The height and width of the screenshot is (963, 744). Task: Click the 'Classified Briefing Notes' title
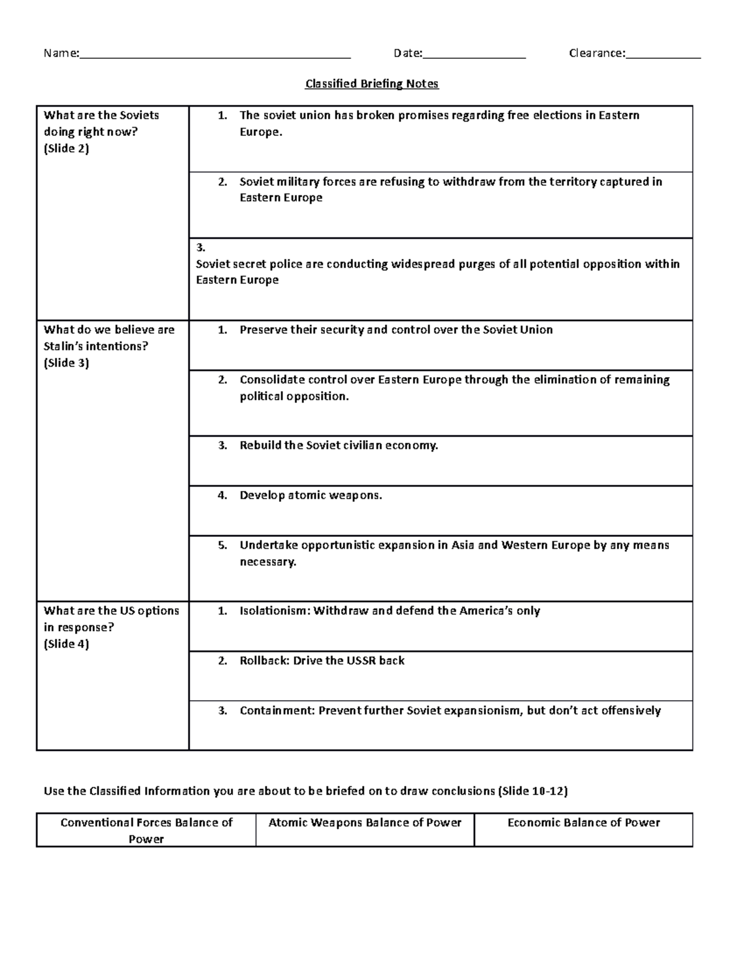371,84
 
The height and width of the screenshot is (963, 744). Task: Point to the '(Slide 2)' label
66,148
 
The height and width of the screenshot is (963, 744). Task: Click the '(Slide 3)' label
66,363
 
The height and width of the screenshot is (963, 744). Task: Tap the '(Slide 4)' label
66,644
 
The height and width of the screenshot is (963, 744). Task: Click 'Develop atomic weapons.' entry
311,495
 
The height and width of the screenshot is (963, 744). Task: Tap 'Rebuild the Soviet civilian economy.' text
339,445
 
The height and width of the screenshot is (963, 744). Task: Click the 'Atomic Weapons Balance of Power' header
365,823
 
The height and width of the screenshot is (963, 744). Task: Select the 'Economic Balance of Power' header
583,823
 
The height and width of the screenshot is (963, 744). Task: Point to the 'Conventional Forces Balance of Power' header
146,830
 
